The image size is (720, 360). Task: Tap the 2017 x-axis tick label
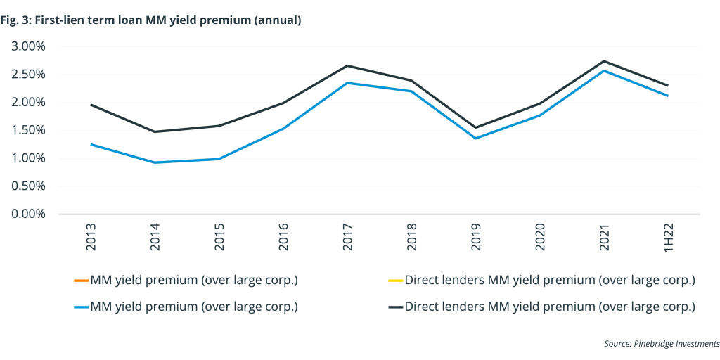pyautogui.click(x=347, y=238)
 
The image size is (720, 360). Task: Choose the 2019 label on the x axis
pyautogui.click(x=476, y=238)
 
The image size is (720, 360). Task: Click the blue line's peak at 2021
pyautogui.click(x=604, y=70)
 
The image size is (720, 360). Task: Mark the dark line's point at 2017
pyautogui.click(x=347, y=65)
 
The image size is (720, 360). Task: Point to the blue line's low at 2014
pyautogui.click(x=155, y=162)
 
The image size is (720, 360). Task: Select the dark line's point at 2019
pyautogui.click(x=476, y=127)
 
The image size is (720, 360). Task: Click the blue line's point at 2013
pyautogui.click(x=91, y=144)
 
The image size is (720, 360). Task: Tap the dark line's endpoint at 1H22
pyautogui.click(x=667, y=86)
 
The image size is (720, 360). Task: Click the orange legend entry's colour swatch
pyautogui.click(x=80, y=281)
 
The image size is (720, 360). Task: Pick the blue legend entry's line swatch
pyautogui.click(x=80, y=307)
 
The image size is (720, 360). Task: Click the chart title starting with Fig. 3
pyautogui.click(x=151, y=20)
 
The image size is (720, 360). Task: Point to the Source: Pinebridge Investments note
pyautogui.click(x=661, y=343)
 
